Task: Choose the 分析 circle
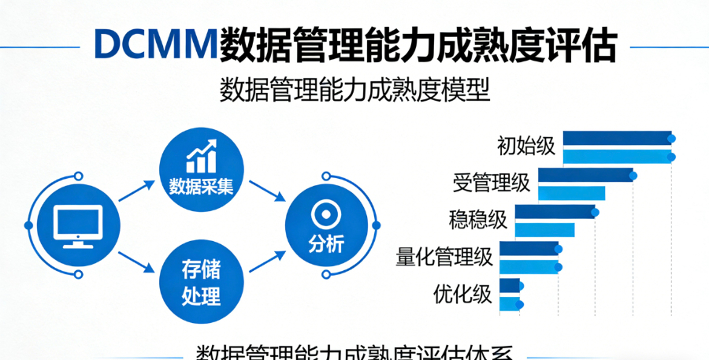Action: tap(326, 225)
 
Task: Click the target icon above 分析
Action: tap(325, 213)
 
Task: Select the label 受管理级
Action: tap(491, 184)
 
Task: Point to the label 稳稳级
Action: tap(478, 220)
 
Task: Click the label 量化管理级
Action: tap(444, 257)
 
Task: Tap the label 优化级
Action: tap(463, 294)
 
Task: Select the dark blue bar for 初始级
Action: tap(617, 138)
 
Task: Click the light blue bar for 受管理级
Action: tap(571, 192)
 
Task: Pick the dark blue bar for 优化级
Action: tap(510, 285)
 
